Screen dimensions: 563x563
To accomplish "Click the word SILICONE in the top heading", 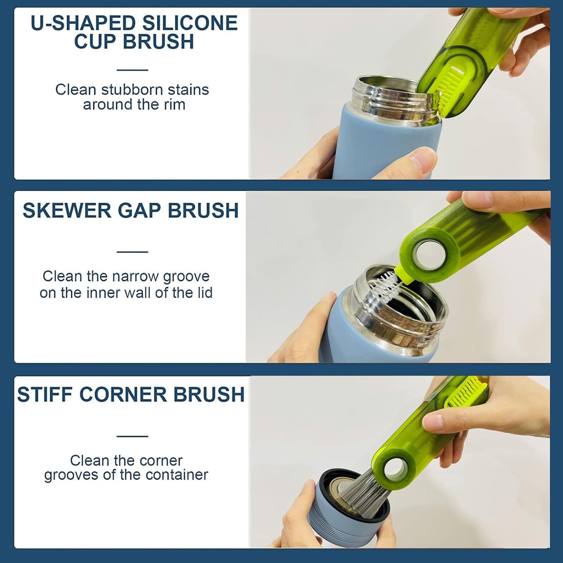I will pos(190,23).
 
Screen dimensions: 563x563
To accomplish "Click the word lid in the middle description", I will pos(204,293).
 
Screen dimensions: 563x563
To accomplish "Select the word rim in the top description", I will pos(174,105).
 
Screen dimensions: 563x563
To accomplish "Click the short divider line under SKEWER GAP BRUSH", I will pos(132,251).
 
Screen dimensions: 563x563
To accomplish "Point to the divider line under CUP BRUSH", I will pos(132,70).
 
